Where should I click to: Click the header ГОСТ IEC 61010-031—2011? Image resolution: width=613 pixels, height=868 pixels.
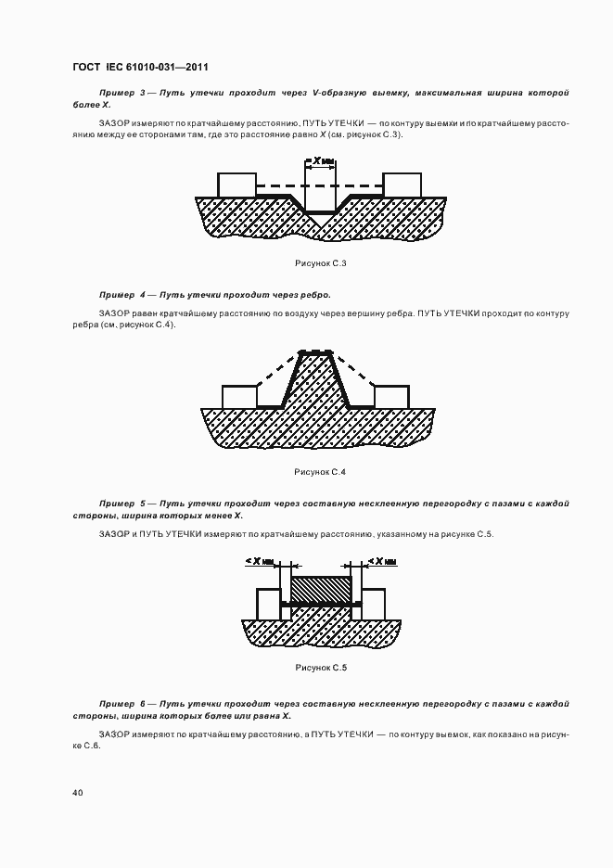pos(139,67)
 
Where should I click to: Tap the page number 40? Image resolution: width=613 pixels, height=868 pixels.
pos(77,793)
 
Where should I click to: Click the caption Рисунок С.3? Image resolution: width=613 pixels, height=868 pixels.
pos(320,265)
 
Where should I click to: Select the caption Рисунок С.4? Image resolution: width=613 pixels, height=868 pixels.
pos(320,472)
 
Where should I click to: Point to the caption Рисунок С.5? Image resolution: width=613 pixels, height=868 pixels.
pos(320,667)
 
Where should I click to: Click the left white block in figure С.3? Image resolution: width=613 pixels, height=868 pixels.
pos(236,185)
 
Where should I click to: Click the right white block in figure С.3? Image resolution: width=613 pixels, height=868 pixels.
pos(402,185)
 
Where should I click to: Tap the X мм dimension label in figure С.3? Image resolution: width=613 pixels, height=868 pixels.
pos(323,161)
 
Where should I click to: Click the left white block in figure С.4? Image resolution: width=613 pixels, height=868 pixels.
pos(239,396)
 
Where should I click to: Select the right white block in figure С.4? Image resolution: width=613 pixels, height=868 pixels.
pos(391,396)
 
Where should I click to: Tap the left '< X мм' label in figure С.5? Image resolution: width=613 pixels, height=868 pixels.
pos(262,562)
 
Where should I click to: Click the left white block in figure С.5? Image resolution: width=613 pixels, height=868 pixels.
pos(267,603)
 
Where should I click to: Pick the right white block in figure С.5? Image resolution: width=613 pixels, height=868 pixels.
pos(374,603)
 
